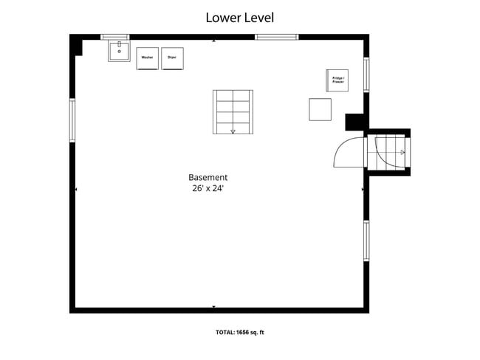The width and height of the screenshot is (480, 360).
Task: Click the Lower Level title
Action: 240,18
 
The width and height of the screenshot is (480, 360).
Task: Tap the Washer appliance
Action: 147,58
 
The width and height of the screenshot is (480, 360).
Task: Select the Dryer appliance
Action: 172,58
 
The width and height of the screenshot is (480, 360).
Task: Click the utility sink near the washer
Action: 119,51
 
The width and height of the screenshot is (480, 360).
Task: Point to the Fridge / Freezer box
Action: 337,80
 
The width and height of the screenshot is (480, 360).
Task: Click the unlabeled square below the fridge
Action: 320,109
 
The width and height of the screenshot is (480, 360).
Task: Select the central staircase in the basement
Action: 233,112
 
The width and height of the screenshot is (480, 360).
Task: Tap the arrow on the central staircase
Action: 233,131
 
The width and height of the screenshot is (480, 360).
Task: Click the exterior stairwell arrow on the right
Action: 402,152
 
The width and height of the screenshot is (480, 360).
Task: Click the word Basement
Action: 208,177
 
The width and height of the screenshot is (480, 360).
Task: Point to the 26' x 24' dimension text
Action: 208,188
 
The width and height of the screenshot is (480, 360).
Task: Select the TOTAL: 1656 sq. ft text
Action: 240,333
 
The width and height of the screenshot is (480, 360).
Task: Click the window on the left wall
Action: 72,120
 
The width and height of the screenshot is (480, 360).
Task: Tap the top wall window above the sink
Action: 115,37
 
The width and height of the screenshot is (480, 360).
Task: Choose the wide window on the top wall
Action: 277,37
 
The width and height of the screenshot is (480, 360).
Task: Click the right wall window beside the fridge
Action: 366,75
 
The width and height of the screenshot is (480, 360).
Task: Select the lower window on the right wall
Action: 366,240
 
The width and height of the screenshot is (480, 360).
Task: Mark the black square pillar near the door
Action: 354,122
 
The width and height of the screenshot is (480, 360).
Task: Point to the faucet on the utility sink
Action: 120,44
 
